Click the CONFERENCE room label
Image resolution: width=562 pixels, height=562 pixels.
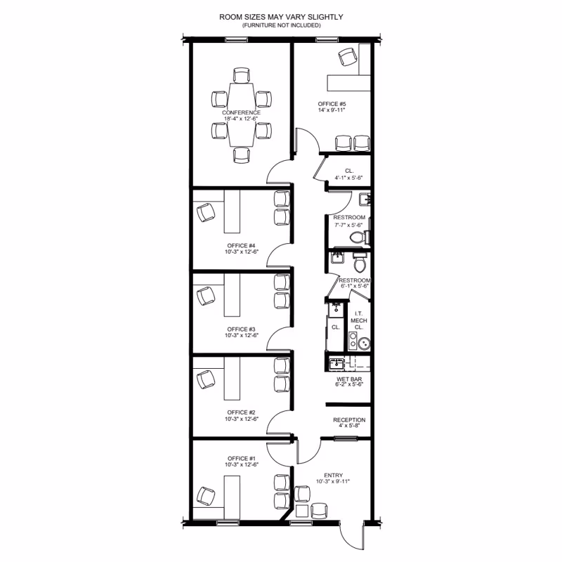coord(241,112)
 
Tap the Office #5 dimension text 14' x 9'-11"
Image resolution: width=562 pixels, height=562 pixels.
coord(332,110)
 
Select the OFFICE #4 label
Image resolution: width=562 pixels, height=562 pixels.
coord(241,245)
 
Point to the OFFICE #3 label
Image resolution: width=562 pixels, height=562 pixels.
coord(241,329)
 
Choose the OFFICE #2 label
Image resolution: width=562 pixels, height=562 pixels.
coord(241,412)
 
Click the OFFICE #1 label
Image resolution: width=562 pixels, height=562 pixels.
coord(242,459)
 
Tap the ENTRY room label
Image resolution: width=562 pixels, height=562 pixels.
coord(333,476)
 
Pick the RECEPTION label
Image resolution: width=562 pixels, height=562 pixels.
coord(349,419)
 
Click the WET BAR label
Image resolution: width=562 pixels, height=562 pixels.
coord(349,379)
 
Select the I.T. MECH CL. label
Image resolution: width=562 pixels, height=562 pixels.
coord(359,320)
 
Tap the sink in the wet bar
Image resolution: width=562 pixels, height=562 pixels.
coord(337,364)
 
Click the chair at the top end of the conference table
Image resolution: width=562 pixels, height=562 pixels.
coord(241,75)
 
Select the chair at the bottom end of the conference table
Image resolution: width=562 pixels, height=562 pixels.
coord(241,155)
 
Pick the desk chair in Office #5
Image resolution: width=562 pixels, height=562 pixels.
coord(348,57)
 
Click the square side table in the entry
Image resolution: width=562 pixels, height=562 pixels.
coord(302,511)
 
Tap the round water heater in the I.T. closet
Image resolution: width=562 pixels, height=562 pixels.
coord(364,344)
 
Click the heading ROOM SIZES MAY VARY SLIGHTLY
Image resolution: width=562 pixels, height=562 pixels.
coord(281,17)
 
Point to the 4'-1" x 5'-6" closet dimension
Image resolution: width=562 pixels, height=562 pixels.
coord(348,178)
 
